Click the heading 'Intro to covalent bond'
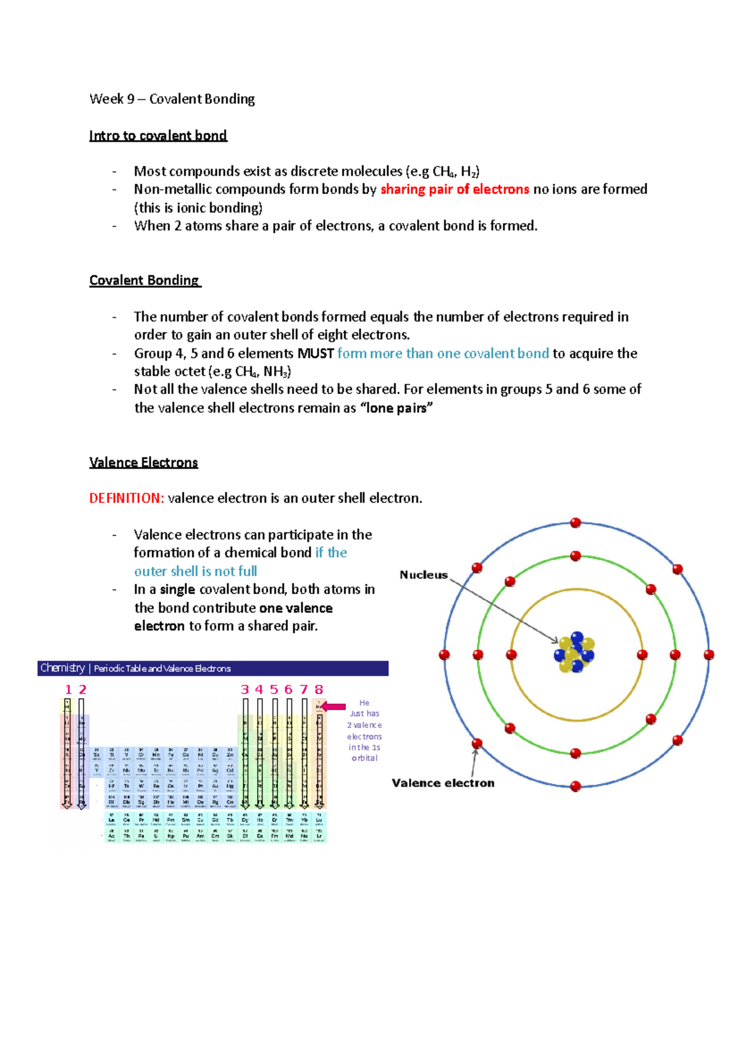pos(158,135)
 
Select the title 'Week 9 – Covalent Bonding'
pos(172,99)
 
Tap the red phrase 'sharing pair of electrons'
pos(454,189)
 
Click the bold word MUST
pos(315,354)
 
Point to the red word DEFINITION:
pos(127,498)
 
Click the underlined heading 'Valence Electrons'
pos(143,462)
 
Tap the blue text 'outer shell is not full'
pos(196,571)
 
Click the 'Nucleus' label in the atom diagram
pos(424,575)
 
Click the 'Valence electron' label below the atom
pos(443,783)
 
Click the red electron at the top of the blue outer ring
pos(576,523)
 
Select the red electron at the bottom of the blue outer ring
pos(576,786)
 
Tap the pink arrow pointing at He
pos(335,706)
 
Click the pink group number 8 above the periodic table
pos(319,690)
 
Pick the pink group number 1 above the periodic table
pos(68,690)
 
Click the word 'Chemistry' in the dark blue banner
pos(63,668)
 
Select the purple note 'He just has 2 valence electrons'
pos(365,730)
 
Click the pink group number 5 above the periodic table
pos(274,690)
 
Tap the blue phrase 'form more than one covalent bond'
pos(443,354)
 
